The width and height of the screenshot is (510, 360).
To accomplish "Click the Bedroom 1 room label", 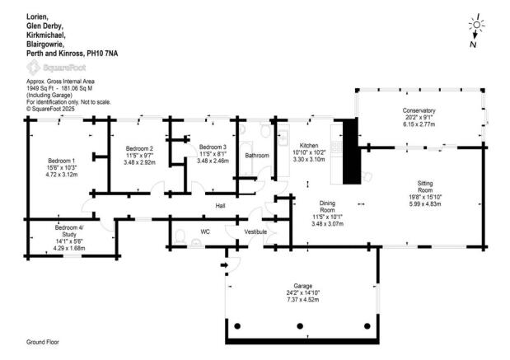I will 62,160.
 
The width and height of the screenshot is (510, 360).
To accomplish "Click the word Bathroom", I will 256,155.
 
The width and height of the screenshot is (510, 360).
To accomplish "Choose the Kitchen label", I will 309,145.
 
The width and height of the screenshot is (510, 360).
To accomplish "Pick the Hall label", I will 220,206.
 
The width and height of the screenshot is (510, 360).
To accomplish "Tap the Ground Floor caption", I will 42,340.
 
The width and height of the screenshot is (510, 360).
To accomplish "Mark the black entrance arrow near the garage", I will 226,264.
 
